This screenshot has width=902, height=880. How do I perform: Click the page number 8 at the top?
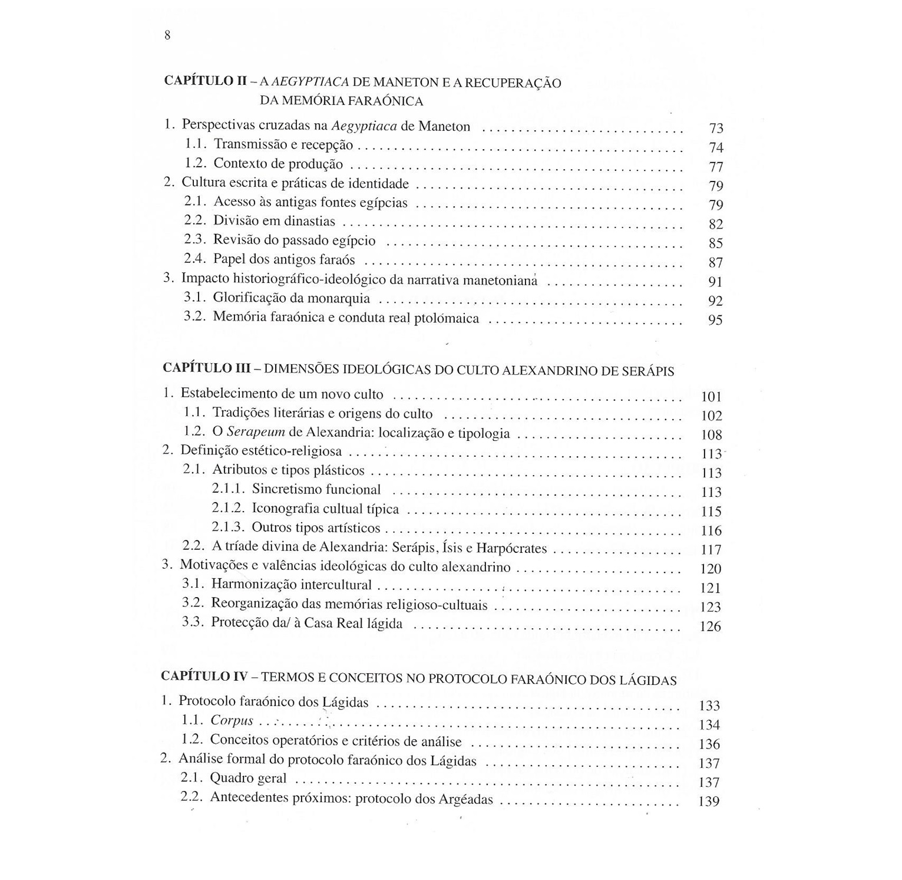[x=167, y=35]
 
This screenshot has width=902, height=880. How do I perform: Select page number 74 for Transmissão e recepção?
[x=716, y=147]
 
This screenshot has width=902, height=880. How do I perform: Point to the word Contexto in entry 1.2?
[x=240, y=164]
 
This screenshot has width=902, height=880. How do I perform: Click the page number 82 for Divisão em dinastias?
[x=715, y=224]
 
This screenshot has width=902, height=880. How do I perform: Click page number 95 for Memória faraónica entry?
[x=715, y=320]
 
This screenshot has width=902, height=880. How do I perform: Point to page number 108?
[x=712, y=435]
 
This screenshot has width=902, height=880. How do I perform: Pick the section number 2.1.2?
[x=227, y=508]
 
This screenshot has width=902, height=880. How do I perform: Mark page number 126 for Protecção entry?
[x=711, y=627]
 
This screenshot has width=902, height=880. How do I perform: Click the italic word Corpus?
[x=232, y=720]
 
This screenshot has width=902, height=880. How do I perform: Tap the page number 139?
[x=709, y=802]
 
